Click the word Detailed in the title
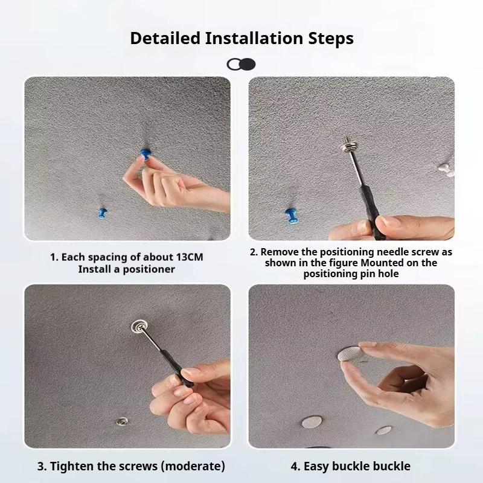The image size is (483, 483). [x=165, y=39]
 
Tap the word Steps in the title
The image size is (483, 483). [x=331, y=39]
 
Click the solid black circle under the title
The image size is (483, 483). [x=248, y=64]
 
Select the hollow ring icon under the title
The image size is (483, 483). [x=234, y=65]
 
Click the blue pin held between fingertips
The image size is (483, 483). [x=145, y=154]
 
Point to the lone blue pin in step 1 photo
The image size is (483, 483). [x=102, y=213]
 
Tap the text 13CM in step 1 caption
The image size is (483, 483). [x=190, y=257]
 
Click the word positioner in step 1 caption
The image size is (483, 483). [x=149, y=269]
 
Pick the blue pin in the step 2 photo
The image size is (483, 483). [x=291, y=215]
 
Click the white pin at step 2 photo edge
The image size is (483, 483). [x=446, y=169]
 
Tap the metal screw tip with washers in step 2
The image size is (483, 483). [x=348, y=144]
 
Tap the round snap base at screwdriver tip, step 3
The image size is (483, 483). [x=139, y=326]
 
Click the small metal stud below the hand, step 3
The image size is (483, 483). [x=123, y=421]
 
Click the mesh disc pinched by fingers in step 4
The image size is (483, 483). [x=350, y=354]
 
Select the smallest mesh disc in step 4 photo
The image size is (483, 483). [x=384, y=430]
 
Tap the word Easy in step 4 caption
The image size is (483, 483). [x=315, y=466]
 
